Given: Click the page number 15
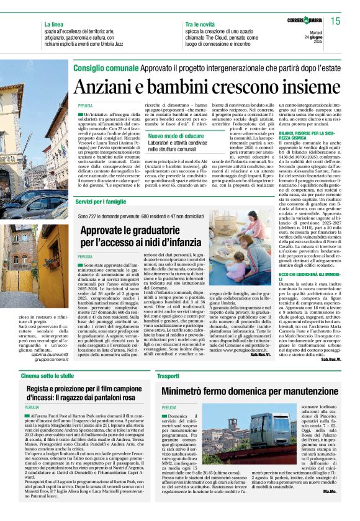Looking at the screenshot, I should coord(335,21).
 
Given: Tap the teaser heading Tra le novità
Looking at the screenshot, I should coord(200,25).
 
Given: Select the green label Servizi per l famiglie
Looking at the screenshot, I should coord(103,202).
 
